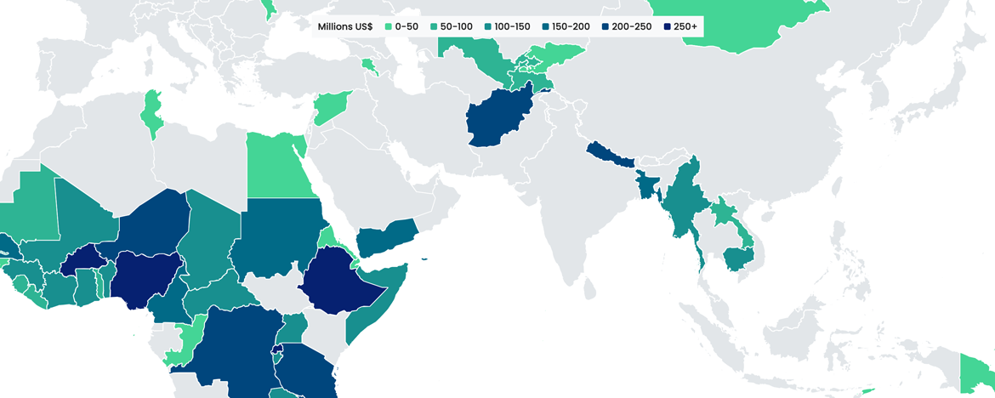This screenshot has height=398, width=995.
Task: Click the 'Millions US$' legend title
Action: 344,26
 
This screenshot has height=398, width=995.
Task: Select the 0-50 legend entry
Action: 401,26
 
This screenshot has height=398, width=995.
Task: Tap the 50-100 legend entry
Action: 450,26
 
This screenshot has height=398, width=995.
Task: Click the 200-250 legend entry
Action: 625,26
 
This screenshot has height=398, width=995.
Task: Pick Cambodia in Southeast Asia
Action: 737,258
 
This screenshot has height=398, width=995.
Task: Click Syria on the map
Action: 331,106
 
